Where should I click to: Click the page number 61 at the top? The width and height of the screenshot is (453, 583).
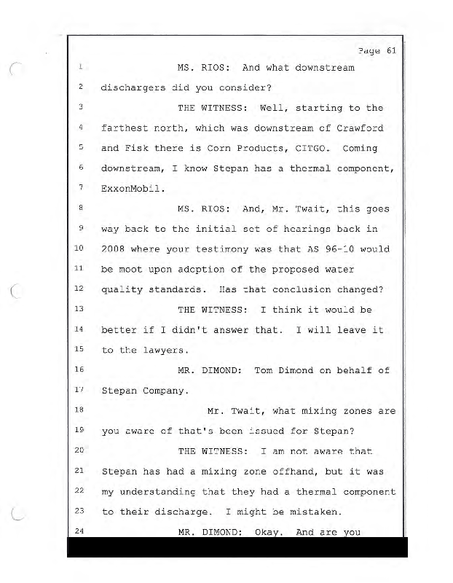pos(390,50)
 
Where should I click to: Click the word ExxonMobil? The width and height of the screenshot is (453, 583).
pos(133,189)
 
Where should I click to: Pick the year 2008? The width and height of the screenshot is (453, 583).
pos(115,249)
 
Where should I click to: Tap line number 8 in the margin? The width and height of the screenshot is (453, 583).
pos(82,208)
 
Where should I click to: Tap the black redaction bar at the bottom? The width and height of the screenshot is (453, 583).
pos(237,547)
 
